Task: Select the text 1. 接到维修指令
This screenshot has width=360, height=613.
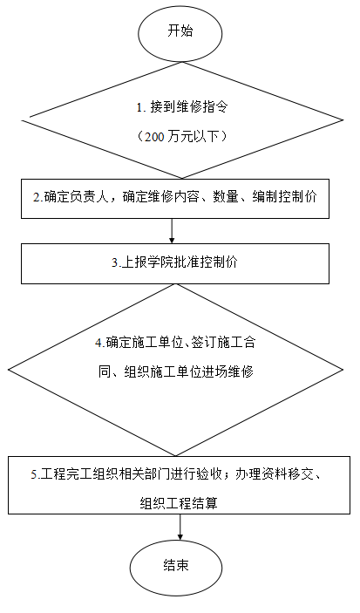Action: click(182, 107)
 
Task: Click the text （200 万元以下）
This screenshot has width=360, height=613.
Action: click(182, 136)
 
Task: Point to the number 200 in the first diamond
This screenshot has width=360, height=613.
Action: click(152, 137)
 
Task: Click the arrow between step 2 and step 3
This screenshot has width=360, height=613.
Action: click(172, 231)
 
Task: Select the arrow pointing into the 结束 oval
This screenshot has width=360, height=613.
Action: click(180, 527)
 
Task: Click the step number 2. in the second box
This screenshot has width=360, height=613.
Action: click(38, 197)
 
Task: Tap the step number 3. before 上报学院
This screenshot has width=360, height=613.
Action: click(117, 262)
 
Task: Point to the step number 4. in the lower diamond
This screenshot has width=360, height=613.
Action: click(99, 344)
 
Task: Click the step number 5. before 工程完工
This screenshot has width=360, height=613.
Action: click(36, 474)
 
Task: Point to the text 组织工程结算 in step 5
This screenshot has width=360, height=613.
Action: click(179, 503)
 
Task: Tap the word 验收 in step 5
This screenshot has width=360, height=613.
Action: click(209, 474)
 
